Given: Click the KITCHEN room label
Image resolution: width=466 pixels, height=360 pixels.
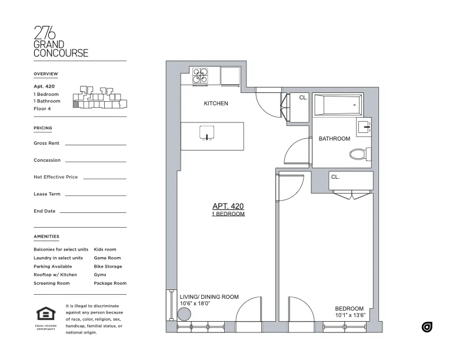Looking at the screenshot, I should click(216, 104).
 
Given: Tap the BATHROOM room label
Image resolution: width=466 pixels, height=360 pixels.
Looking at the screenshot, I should click(334, 139).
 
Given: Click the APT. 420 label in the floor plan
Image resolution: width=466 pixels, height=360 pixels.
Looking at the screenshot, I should click(228, 206).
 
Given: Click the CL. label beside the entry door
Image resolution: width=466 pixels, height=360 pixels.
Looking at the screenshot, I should click(303, 98).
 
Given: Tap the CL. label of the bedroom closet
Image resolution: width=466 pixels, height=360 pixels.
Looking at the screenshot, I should click(335, 176).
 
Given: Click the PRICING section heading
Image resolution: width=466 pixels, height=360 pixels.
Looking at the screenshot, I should click(43, 128).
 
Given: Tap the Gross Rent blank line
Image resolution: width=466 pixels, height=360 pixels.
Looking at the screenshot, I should click(95, 144).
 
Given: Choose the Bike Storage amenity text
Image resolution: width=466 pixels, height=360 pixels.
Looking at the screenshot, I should click(108, 266).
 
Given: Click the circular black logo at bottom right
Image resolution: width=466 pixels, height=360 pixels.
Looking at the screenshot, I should click(427, 327).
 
